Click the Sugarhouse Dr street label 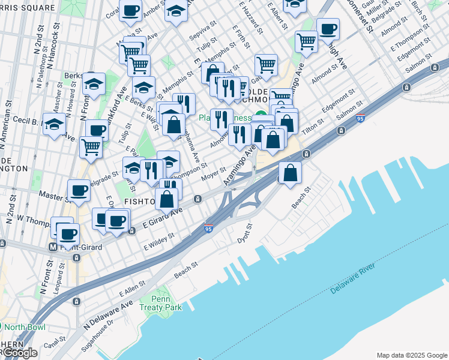pos(98,335)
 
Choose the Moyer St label pos(214,173)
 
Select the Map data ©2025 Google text pos(411,355)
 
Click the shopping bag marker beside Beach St pos(290,172)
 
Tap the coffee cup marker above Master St pos(79,190)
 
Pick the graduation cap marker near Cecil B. pos(55,125)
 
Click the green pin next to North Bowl pos(4,327)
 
